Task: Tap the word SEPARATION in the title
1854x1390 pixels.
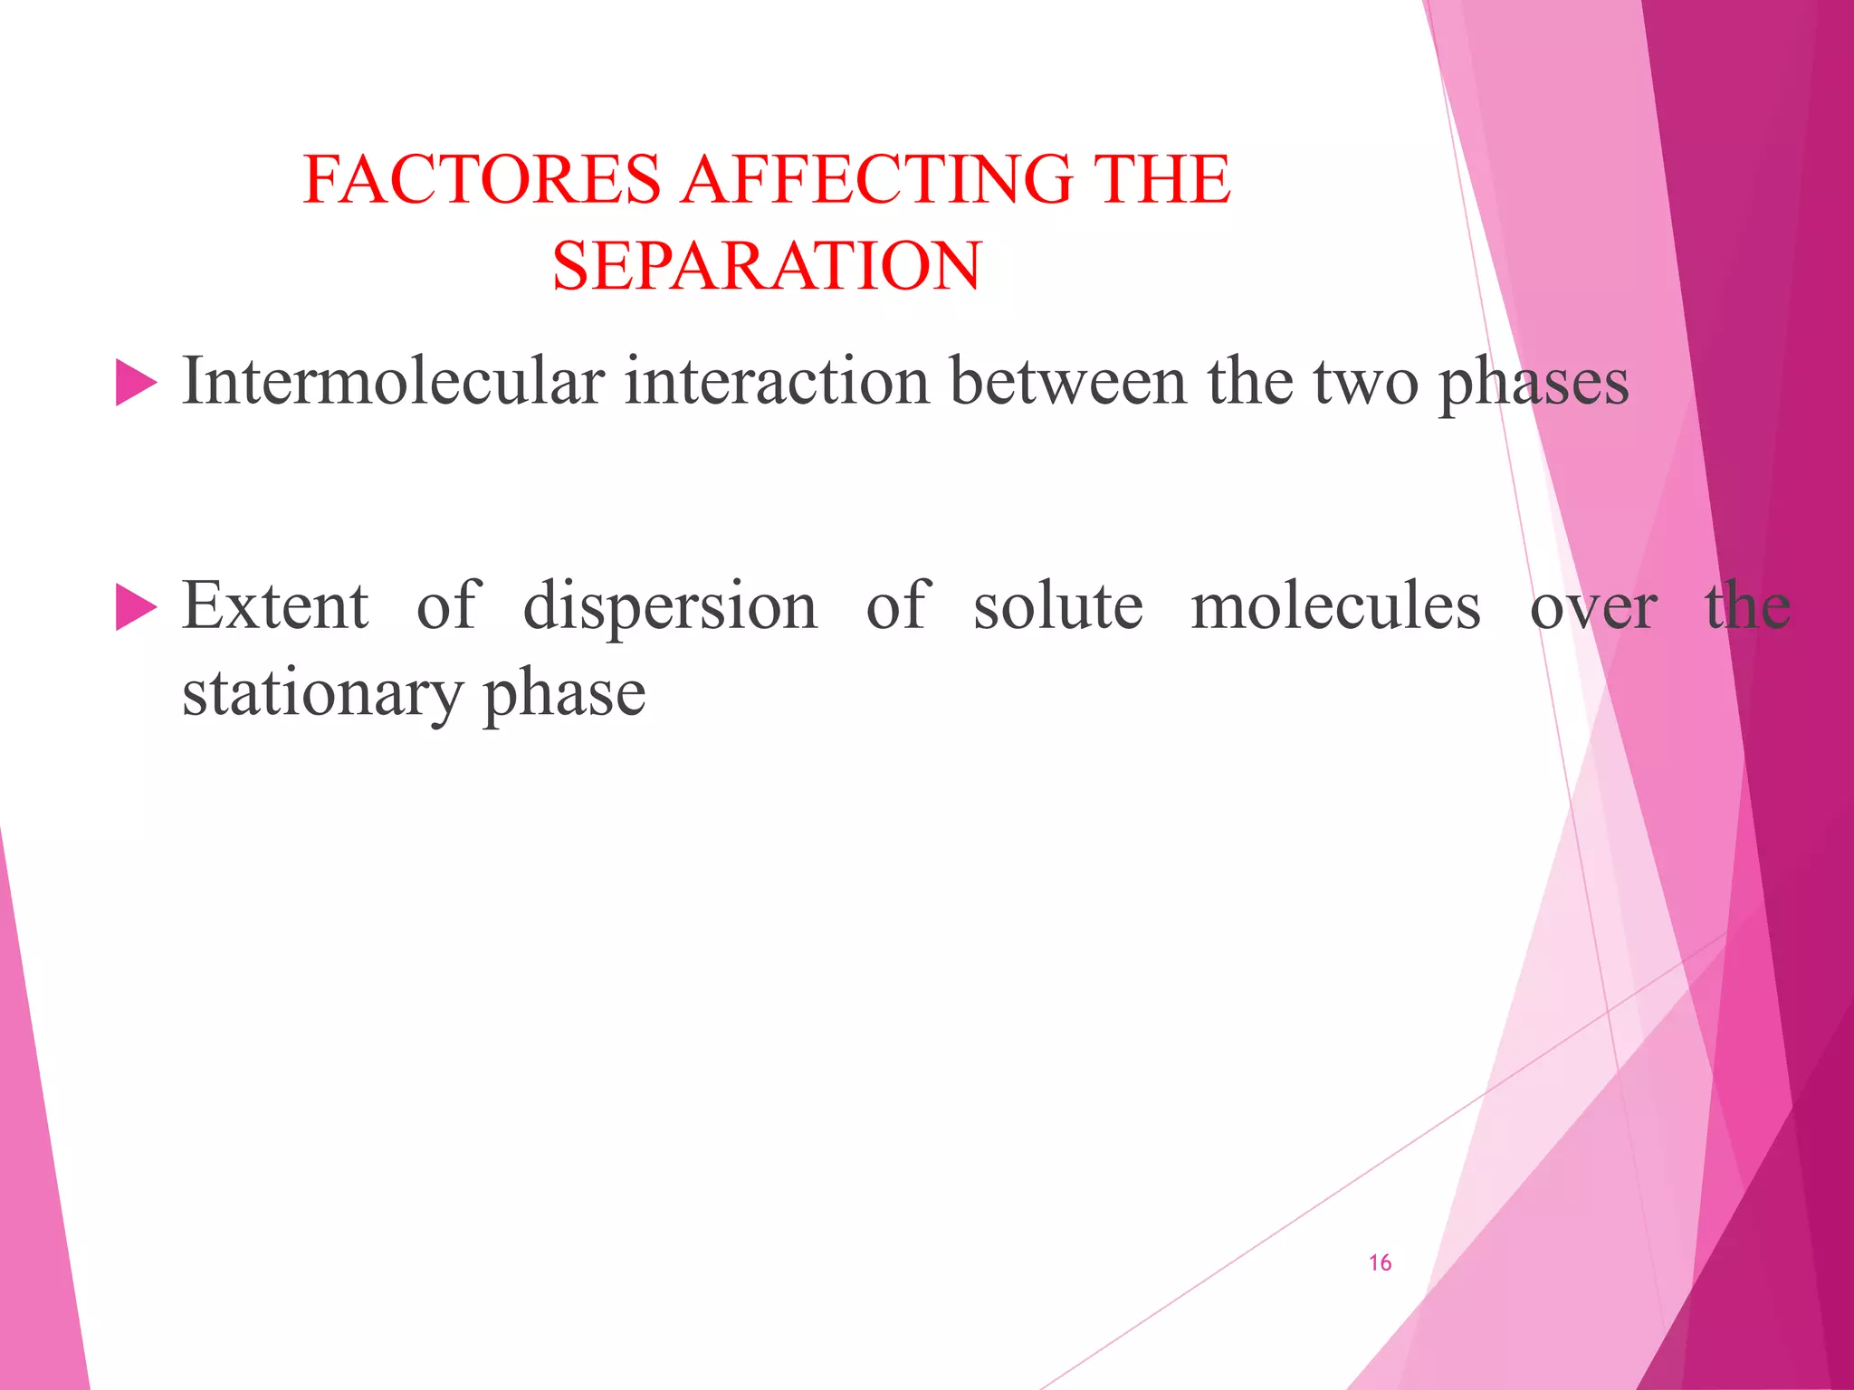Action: (766, 266)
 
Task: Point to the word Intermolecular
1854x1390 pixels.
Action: (393, 381)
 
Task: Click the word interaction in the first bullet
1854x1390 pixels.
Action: (777, 381)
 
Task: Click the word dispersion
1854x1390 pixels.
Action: (670, 606)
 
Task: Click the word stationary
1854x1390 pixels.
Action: (322, 695)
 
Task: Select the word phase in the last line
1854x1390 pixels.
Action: (564, 695)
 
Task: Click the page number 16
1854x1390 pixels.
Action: (1380, 1262)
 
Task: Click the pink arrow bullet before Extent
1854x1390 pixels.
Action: (136, 607)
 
